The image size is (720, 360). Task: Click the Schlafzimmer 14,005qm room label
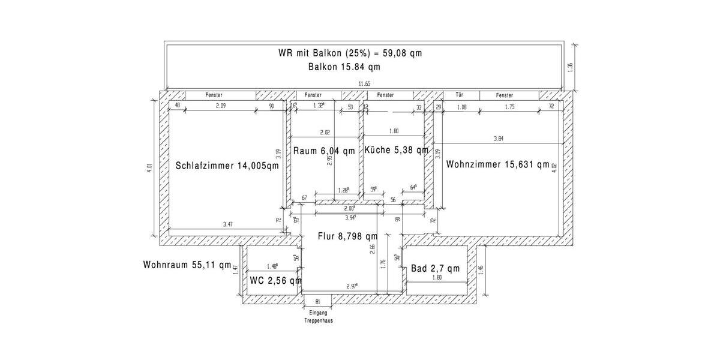[227, 166]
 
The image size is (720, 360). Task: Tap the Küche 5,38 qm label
[396, 150]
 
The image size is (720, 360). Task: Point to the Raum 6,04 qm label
[324, 151]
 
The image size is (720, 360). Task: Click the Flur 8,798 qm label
[347, 236]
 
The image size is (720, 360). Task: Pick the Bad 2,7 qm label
[435, 268]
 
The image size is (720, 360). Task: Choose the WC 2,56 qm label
[275, 280]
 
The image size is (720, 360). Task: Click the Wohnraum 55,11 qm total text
[187, 265]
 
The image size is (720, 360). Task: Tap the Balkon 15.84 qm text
[344, 67]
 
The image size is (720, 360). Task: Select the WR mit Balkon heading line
[350, 53]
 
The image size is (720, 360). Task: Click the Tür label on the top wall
[460, 95]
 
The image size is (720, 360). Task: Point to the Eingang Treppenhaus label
[318, 317]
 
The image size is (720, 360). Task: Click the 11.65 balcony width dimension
[364, 84]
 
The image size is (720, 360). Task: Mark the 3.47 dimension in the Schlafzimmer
[228, 224]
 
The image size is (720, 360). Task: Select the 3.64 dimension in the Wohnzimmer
[498, 139]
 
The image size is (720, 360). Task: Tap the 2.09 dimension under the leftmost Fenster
[220, 106]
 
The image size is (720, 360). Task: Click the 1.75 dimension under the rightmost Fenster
[510, 106]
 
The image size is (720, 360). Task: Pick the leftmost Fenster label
[214, 95]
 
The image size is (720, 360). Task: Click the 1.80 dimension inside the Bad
[437, 278]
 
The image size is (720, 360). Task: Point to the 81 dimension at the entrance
[318, 301]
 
